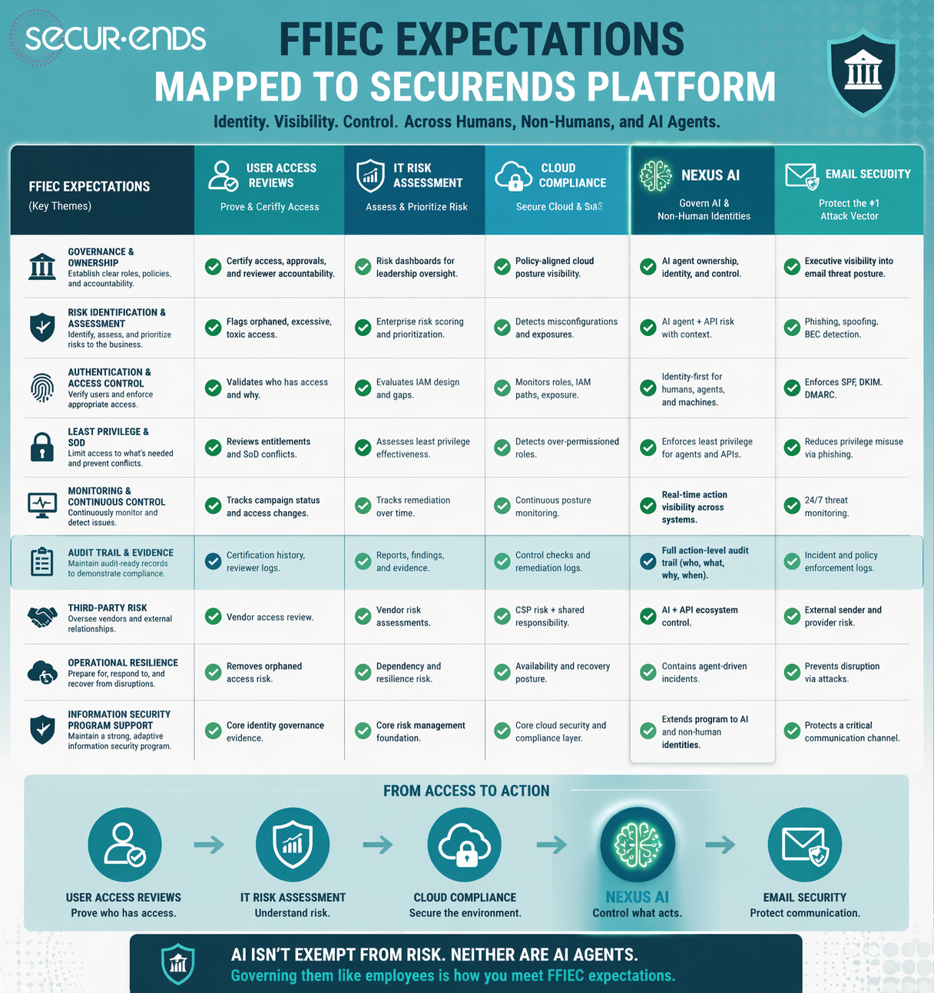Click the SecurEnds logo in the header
(115, 38)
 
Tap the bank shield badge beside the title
(863, 71)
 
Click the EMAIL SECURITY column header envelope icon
(802, 176)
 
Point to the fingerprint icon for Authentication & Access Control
(42, 388)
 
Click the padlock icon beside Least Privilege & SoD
(42, 447)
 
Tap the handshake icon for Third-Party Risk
(42, 616)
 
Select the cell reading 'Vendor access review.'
(270, 617)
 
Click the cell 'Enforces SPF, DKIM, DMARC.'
(843, 388)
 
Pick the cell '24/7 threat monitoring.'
(826, 506)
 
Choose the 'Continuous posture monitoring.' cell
(552, 506)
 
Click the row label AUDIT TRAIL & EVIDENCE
(121, 553)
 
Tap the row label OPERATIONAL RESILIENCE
(123, 662)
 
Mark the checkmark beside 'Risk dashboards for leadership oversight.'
(363, 267)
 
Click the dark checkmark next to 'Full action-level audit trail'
(648, 562)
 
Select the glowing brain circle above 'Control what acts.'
(638, 844)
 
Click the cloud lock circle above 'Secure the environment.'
(465, 844)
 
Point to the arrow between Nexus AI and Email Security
(720, 845)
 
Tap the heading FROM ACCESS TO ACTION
(466, 790)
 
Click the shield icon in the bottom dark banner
(178, 964)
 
